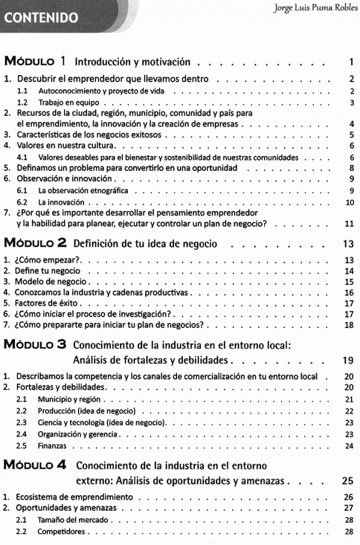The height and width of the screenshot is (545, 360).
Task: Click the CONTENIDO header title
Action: click(42, 17)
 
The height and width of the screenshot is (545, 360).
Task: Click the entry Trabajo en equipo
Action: click(65, 103)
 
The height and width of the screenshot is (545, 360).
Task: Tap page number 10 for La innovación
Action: click(350, 202)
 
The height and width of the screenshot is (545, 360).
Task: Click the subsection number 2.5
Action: click(21, 446)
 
